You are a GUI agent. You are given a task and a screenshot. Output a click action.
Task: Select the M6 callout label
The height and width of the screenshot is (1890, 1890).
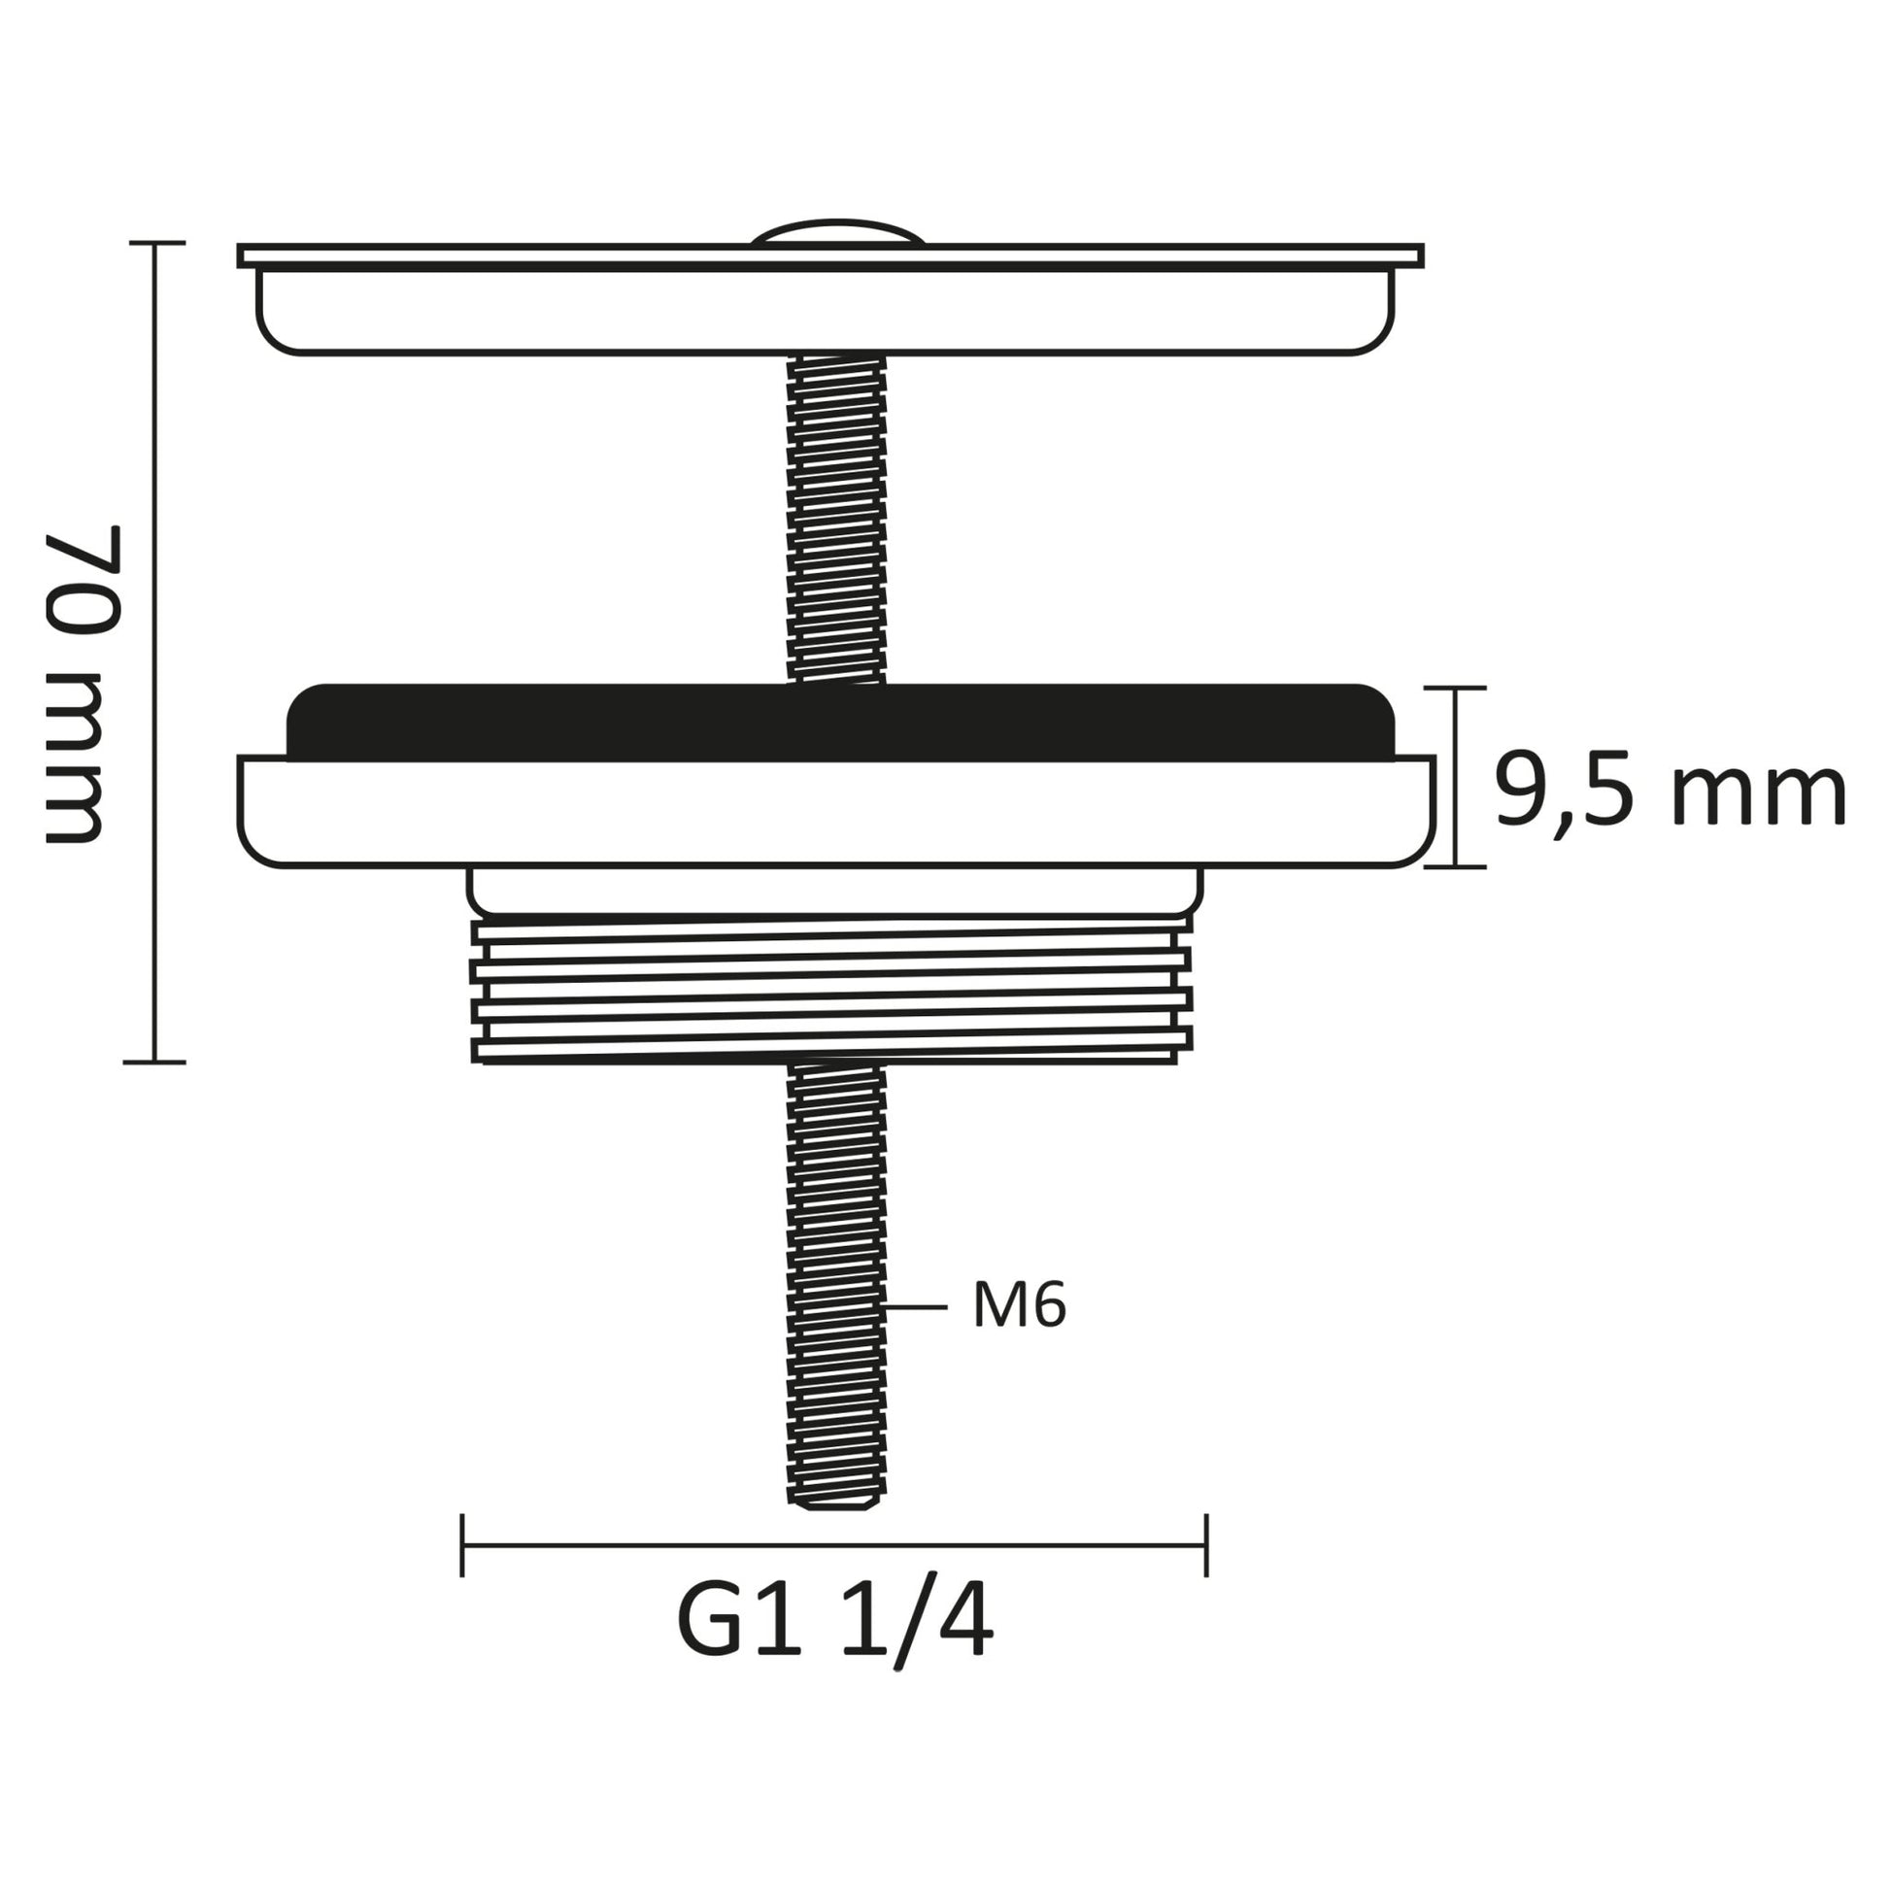(x=1019, y=1307)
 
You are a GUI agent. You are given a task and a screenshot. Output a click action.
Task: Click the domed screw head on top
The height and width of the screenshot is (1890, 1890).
(x=837, y=232)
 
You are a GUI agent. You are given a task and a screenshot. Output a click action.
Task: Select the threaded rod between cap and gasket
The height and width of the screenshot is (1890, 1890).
(x=837, y=519)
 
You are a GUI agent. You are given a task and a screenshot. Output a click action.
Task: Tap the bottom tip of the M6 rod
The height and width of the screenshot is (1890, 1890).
(x=837, y=1502)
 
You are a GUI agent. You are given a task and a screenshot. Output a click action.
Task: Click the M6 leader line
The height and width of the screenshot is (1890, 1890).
(x=915, y=1307)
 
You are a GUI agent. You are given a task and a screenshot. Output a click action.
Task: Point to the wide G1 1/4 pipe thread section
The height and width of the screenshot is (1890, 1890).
(x=831, y=990)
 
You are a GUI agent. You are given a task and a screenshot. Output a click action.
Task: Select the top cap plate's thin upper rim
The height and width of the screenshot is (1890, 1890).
(x=831, y=255)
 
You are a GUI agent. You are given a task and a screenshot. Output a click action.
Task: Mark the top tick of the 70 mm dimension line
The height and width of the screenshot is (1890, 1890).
(x=156, y=243)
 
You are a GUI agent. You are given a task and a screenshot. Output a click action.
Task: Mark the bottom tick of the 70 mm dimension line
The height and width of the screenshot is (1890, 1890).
(x=154, y=1062)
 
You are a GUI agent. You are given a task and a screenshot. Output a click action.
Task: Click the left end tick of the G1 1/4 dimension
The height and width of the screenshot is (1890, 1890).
(x=461, y=1545)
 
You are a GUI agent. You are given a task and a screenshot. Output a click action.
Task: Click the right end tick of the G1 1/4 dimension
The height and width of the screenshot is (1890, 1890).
(x=1206, y=1545)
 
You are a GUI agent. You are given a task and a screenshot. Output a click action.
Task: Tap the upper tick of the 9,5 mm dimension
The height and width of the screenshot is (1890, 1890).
(x=1455, y=689)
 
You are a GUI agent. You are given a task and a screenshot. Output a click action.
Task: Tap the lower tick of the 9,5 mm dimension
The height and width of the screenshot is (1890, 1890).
(x=1455, y=866)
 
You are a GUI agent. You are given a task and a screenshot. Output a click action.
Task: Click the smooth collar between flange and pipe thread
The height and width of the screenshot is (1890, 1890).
(x=835, y=891)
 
